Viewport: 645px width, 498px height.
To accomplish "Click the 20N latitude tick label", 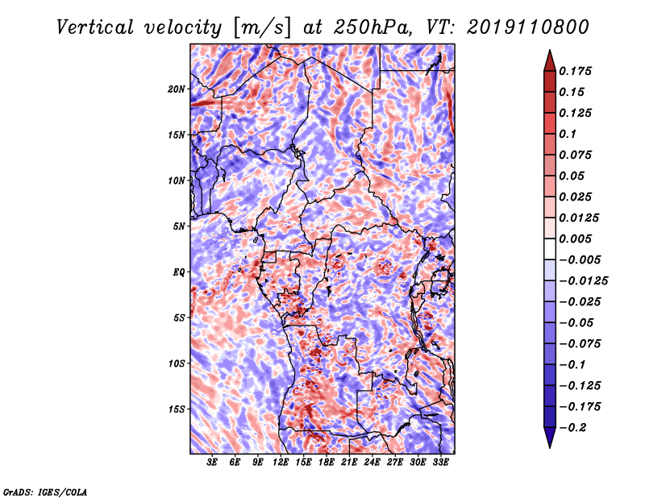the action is pyautogui.click(x=177, y=89).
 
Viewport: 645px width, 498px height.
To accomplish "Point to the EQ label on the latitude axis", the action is pyautogui.click(x=178, y=272).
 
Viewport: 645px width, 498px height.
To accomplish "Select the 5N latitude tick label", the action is pyautogui.click(x=179, y=226).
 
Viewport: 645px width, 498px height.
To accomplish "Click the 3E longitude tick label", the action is pyautogui.click(x=212, y=462).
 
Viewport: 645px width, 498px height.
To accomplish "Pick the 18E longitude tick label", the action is pyautogui.click(x=327, y=462).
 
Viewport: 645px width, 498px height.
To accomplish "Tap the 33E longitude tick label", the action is pyautogui.click(x=440, y=462).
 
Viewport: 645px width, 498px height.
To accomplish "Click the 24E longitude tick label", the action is pyautogui.click(x=372, y=462).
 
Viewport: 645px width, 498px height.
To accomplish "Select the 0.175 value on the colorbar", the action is pyautogui.click(x=575, y=71).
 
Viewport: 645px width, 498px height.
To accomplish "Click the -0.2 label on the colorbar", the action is pyautogui.click(x=572, y=428).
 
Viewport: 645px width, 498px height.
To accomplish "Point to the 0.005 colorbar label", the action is pyautogui.click(x=575, y=239).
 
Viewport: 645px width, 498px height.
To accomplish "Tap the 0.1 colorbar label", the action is pyautogui.click(x=568, y=134).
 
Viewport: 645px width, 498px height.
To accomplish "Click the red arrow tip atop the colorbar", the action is pyautogui.click(x=550, y=51).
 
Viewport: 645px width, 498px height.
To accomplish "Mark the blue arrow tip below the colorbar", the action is pyautogui.click(x=550, y=447).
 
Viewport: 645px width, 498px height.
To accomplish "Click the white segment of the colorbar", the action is pyautogui.click(x=550, y=249).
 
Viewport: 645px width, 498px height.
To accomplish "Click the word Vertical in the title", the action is pyautogui.click(x=95, y=27).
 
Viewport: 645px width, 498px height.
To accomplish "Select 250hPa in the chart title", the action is pyautogui.click(x=372, y=27).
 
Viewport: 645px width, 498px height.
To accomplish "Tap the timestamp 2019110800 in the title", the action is pyautogui.click(x=528, y=27).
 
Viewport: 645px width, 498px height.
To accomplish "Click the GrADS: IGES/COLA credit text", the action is pyautogui.click(x=45, y=492).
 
